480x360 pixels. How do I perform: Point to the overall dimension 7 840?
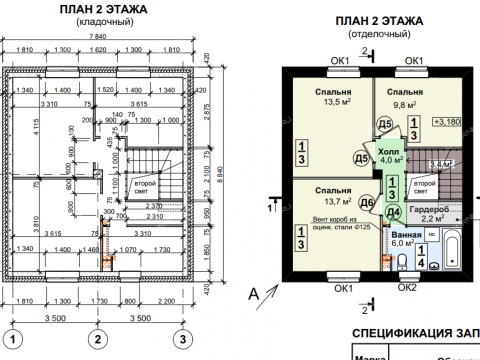[x=97, y=37]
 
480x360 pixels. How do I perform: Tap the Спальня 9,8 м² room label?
[x=405, y=96]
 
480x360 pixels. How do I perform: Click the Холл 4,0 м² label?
[x=391, y=154]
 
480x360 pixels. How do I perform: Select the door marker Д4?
[x=393, y=212]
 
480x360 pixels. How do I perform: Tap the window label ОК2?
[x=407, y=288]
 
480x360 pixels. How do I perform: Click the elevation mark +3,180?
[x=447, y=123]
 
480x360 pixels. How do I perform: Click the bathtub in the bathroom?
[x=449, y=249]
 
